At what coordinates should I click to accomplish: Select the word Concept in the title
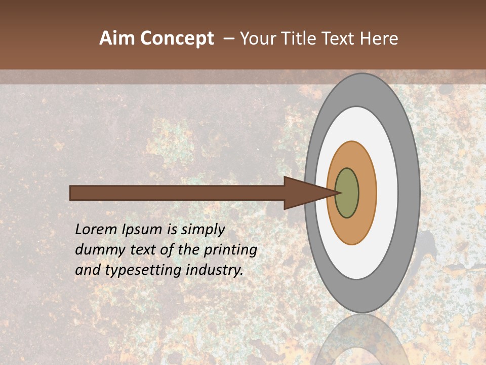pyautogui.click(x=177, y=39)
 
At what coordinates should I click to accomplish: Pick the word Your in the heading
pyautogui.click(x=259, y=39)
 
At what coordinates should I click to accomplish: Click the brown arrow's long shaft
pyautogui.click(x=177, y=193)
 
